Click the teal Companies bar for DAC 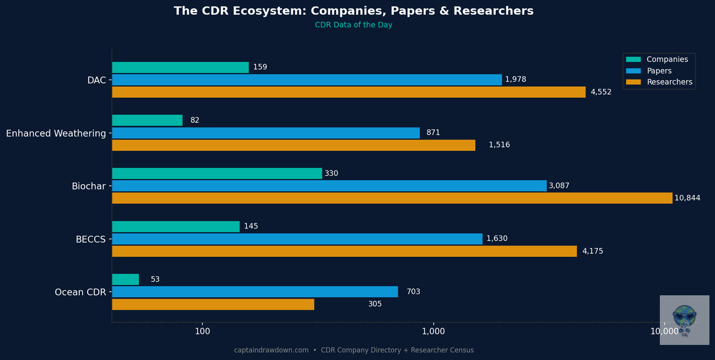point(180,67)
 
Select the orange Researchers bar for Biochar point(391,198)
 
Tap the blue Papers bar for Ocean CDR point(254,291)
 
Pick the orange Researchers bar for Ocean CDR point(213,304)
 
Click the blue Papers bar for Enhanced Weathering point(265,133)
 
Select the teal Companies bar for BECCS point(175,226)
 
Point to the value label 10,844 point(687,198)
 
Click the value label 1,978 point(515,80)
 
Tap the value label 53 point(155,280)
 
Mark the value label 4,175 point(592,252)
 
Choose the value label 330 point(332,173)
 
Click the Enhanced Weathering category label point(56,134)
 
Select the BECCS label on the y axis point(91,240)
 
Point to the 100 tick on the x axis point(202,331)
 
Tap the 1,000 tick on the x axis point(433,331)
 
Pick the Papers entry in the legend point(659,71)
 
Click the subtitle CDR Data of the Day point(353,25)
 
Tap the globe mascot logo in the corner point(684,319)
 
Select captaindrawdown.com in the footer point(271,350)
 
